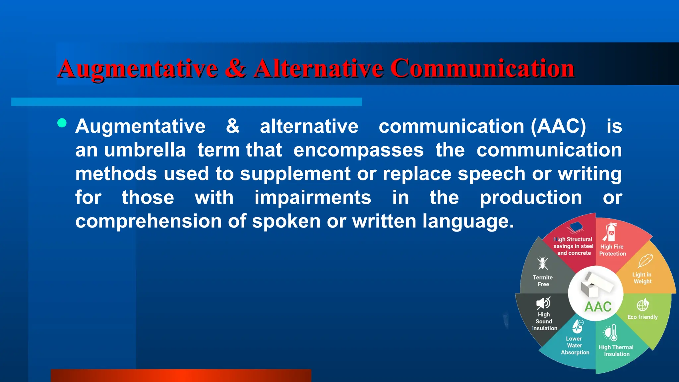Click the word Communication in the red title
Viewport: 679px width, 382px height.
click(482, 69)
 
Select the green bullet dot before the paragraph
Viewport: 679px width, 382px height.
click(62, 123)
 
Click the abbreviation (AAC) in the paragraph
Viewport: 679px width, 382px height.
click(558, 126)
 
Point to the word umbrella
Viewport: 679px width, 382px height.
click(145, 150)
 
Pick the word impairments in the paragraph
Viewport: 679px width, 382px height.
click(313, 198)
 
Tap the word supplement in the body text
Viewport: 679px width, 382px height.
click(295, 174)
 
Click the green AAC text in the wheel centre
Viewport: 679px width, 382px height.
click(598, 307)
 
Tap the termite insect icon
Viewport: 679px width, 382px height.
click(543, 263)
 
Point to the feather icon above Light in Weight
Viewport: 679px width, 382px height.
click(645, 261)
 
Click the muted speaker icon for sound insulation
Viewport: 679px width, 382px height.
click(543, 303)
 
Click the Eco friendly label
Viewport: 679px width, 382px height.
click(642, 317)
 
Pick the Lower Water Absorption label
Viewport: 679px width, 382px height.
click(575, 346)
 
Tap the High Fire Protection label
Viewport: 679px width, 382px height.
click(612, 250)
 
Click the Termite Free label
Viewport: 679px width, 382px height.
click(543, 281)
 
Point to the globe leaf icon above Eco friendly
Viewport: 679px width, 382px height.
click(643, 304)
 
